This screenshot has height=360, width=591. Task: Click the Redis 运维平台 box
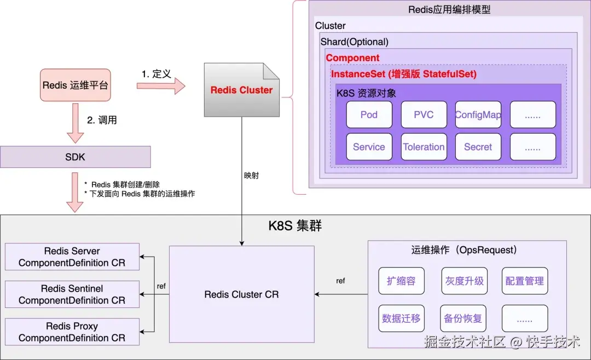pyautogui.click(x=76, y=85)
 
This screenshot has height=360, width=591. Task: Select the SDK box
pyautogui.click(x=76, y=157)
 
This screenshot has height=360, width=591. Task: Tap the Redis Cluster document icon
pyautogui.click(x=242, y=90)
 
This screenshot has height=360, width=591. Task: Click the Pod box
pyautogui.click(x=369, y=114)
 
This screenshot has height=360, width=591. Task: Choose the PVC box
pyautogui.click(x=424, y=114)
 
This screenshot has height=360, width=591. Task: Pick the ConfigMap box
pyautogui.click(x=478, y=114)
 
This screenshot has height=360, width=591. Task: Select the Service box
pyautogui.click(x=369, y=147)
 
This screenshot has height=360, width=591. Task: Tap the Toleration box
pyautogui.click(x=424, y=147)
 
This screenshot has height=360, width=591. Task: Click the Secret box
pyautogui.click(x=478, y=147)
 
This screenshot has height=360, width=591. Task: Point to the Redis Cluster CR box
pyautogui.click(x=242, y=294)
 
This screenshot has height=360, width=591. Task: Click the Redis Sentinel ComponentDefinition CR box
pyautogui.click(x=72, y=294)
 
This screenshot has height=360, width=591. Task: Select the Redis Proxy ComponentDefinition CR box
pyautogui.click(x=72, y=332)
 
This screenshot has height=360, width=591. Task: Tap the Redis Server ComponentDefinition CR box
pyautogui.click(x=72, y=257)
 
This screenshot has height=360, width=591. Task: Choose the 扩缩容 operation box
pyautogui.click(x=402, y=281)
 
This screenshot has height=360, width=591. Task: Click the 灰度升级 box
pyautogui.click(x=465, y=281)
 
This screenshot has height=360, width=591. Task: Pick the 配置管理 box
pyautogui.click(x=525, y=281)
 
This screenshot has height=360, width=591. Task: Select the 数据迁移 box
pyautogui.click(x=402, y=318)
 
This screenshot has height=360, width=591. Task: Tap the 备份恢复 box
pyautogui.click(x=463, y=318)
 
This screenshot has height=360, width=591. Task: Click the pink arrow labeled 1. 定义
pyautogui.click(x=161, y=86)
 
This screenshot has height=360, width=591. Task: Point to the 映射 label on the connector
pyautogui.click(x=251, y=175)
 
